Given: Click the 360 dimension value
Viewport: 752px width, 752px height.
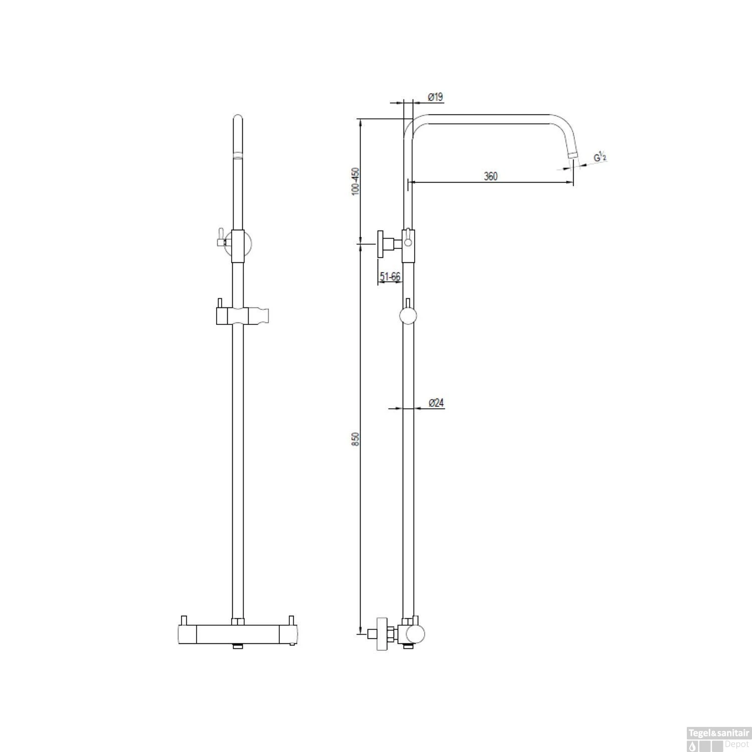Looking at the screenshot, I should click(490, 176).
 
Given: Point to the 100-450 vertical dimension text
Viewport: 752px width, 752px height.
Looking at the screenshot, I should click(356, 181).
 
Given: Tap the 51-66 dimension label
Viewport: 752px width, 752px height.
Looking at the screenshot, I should click(390, 276).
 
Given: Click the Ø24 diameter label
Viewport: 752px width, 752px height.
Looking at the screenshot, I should click(437, 403).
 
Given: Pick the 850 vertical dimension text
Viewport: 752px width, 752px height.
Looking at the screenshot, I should click(356, 439).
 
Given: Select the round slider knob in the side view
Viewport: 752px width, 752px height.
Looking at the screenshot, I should click(408, 317).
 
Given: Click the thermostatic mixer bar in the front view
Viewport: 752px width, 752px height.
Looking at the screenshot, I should click(238, 634).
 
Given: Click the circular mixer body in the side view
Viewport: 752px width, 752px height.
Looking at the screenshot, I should click(415, 634).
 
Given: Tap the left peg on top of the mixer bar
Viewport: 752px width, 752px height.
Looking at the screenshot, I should click(183, 620).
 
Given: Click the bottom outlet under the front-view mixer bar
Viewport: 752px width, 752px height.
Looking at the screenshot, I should click(238, 647).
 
